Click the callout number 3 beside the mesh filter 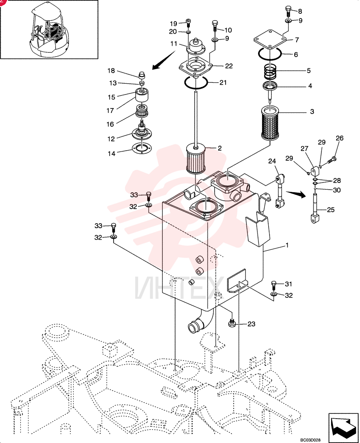tap(312, 112)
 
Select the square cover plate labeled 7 tap(270, 40)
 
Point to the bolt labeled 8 tap(288, 12)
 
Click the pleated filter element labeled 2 tap(196, 158)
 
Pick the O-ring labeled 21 tap(196, 82)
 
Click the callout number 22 tap(228, 66)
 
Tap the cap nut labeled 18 tap(142, 75)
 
